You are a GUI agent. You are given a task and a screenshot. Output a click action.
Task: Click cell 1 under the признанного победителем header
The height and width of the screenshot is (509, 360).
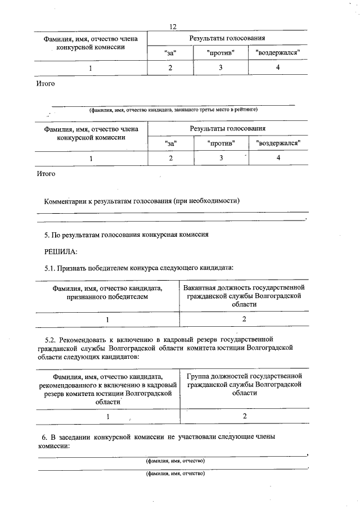(x=106, y=319)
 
